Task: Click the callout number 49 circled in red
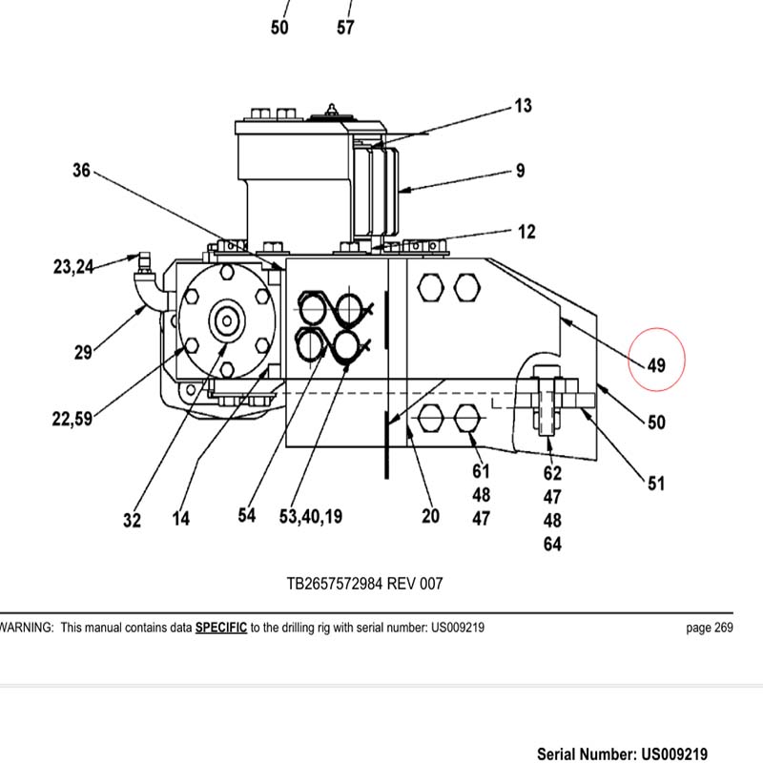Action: click(x=656, y=364)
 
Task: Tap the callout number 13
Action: click(x=523, y=106)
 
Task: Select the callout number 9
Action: click(x=520, y=172)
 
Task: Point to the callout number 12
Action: click(x=526, y=232)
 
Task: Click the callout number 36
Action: click(x=82, y=171)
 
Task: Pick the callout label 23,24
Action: click(x=73, y=268)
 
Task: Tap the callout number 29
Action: click(x=84, y=353)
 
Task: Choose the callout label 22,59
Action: click(x=72, y=418)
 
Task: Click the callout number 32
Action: click(x=132, y=520)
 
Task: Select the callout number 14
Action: click(x=180, y=519)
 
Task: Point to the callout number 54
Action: click(x=247, y=516)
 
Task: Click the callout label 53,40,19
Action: click(x=311, y=516)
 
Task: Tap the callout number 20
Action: click(x=431, y=516)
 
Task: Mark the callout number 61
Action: click(x=481, y=471)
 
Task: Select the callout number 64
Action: click(x=552, y=545)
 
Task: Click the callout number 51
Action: click(x=656, y=484)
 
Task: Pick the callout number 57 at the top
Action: click(x=345, y=28)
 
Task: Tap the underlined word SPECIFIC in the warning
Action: click(x=221, y=628)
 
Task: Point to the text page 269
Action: click(x=710, y=628)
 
